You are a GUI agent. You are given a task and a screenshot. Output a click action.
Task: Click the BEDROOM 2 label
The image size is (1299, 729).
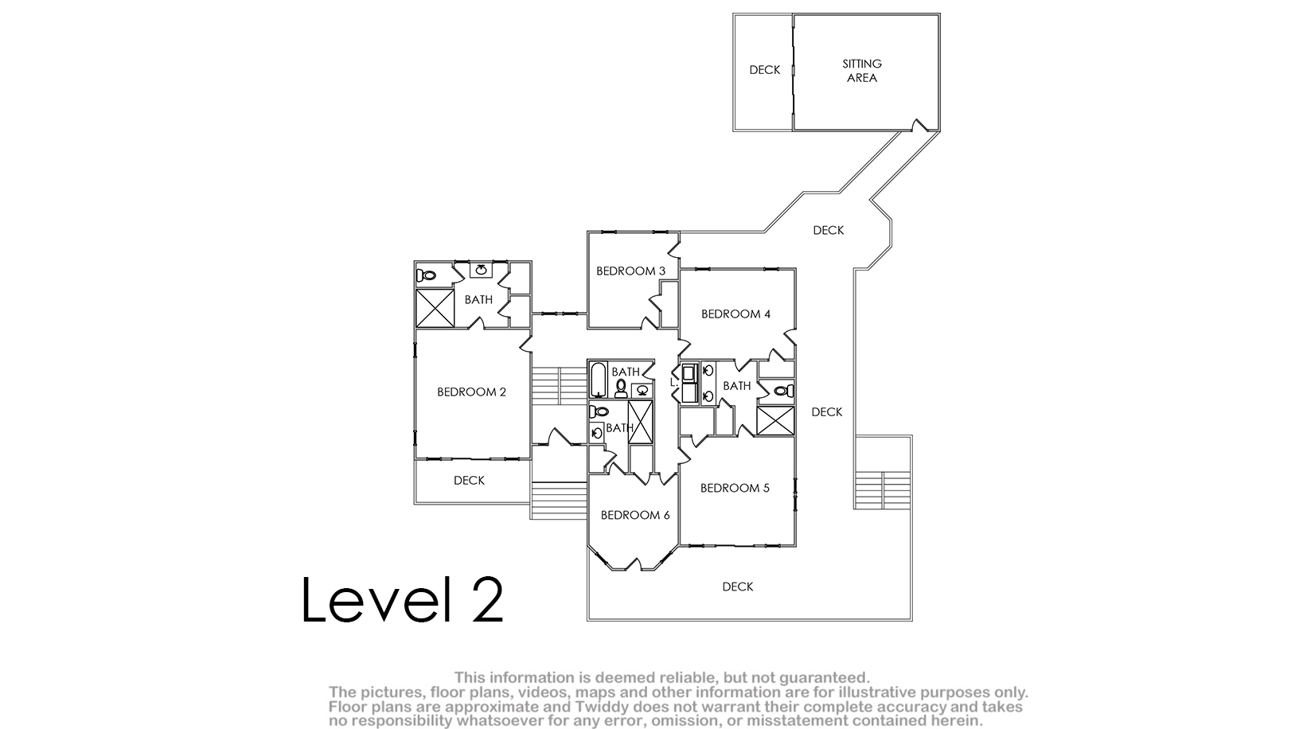click(x=471, y=392)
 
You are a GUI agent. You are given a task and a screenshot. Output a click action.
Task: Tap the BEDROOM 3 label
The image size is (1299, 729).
click(x=630, y=271)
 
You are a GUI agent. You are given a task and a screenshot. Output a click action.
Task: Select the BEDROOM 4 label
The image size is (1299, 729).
click(x=736, y=314)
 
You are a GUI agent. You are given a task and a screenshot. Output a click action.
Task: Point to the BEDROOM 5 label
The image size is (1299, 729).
click(x=735, y=489)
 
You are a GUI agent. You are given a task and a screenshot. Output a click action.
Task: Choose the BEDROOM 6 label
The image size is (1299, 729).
click(x=635, y=515)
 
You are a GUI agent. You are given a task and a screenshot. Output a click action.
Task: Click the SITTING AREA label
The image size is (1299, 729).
click(x=862, y=71)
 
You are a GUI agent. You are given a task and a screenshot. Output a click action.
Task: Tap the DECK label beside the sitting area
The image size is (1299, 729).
click(x=765, y=70)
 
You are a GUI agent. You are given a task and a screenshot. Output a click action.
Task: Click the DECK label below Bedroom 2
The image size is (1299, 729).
click(x=469, y=480)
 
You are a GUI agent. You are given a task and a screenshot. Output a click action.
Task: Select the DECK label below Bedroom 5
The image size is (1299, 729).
click(x=738, y=587)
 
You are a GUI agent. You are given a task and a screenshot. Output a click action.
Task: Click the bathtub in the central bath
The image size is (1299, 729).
click(x=598, y=380)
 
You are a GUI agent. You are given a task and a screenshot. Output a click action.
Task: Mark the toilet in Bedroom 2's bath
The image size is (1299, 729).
click(x=427, y=275)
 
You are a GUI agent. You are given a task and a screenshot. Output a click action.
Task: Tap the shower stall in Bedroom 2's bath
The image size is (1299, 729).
click(x=435, y=309)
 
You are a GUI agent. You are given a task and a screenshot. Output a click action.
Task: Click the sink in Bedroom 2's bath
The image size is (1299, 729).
click(x=481, y=270)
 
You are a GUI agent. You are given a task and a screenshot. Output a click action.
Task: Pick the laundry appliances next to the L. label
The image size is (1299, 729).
click(x=689, y=383)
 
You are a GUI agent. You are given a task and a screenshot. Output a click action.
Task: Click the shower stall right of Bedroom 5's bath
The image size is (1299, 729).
click(x=775, y=421)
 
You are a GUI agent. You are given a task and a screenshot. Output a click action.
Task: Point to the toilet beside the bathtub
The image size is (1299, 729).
click(x=621, y=388)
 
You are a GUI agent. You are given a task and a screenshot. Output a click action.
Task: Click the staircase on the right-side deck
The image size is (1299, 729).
click(x=882, y=490)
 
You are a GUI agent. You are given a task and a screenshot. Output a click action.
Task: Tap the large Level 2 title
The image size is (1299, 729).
click(x=403, y=600)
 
